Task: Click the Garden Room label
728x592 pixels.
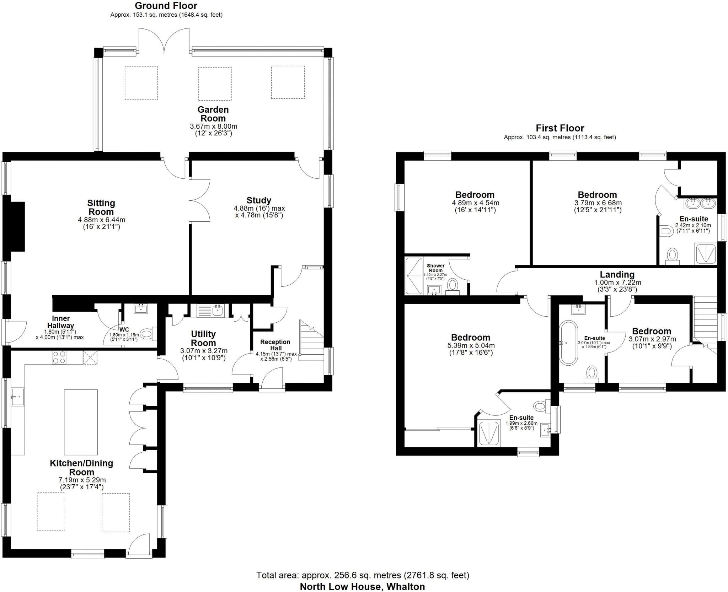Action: (213, 114)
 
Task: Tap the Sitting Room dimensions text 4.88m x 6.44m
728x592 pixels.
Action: (101, 220)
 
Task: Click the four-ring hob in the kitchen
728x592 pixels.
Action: (59, 357)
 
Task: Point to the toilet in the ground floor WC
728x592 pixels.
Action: (147, 334)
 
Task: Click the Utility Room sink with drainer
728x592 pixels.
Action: (210, 310)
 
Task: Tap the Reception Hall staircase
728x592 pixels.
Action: (311, 341)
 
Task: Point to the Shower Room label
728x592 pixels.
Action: (435, 268)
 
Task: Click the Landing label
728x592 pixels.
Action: (617, 274)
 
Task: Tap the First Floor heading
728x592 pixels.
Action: (560, 128)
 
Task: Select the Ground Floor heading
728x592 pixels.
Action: (166, 6)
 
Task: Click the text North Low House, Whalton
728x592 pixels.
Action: (362, 586)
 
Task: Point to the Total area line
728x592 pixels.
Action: (363, 575)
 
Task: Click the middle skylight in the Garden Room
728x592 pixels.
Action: (215, 83)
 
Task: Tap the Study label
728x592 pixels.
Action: (259, 200)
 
